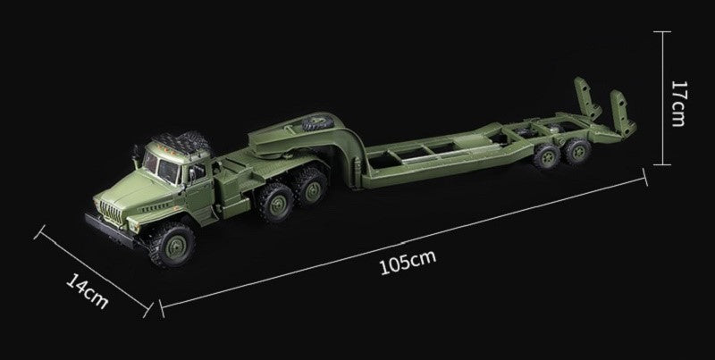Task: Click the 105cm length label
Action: [408, 263]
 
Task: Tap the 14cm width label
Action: [88, 290]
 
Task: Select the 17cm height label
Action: [679, 104]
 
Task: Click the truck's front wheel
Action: [172, 245]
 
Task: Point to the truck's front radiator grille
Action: [111, 211]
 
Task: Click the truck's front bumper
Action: [110, 231]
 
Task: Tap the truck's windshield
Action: [161, 166]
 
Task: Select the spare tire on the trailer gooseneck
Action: [318, 123]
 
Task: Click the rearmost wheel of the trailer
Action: [577, 151]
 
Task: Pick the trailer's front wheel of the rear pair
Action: [546, 156]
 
